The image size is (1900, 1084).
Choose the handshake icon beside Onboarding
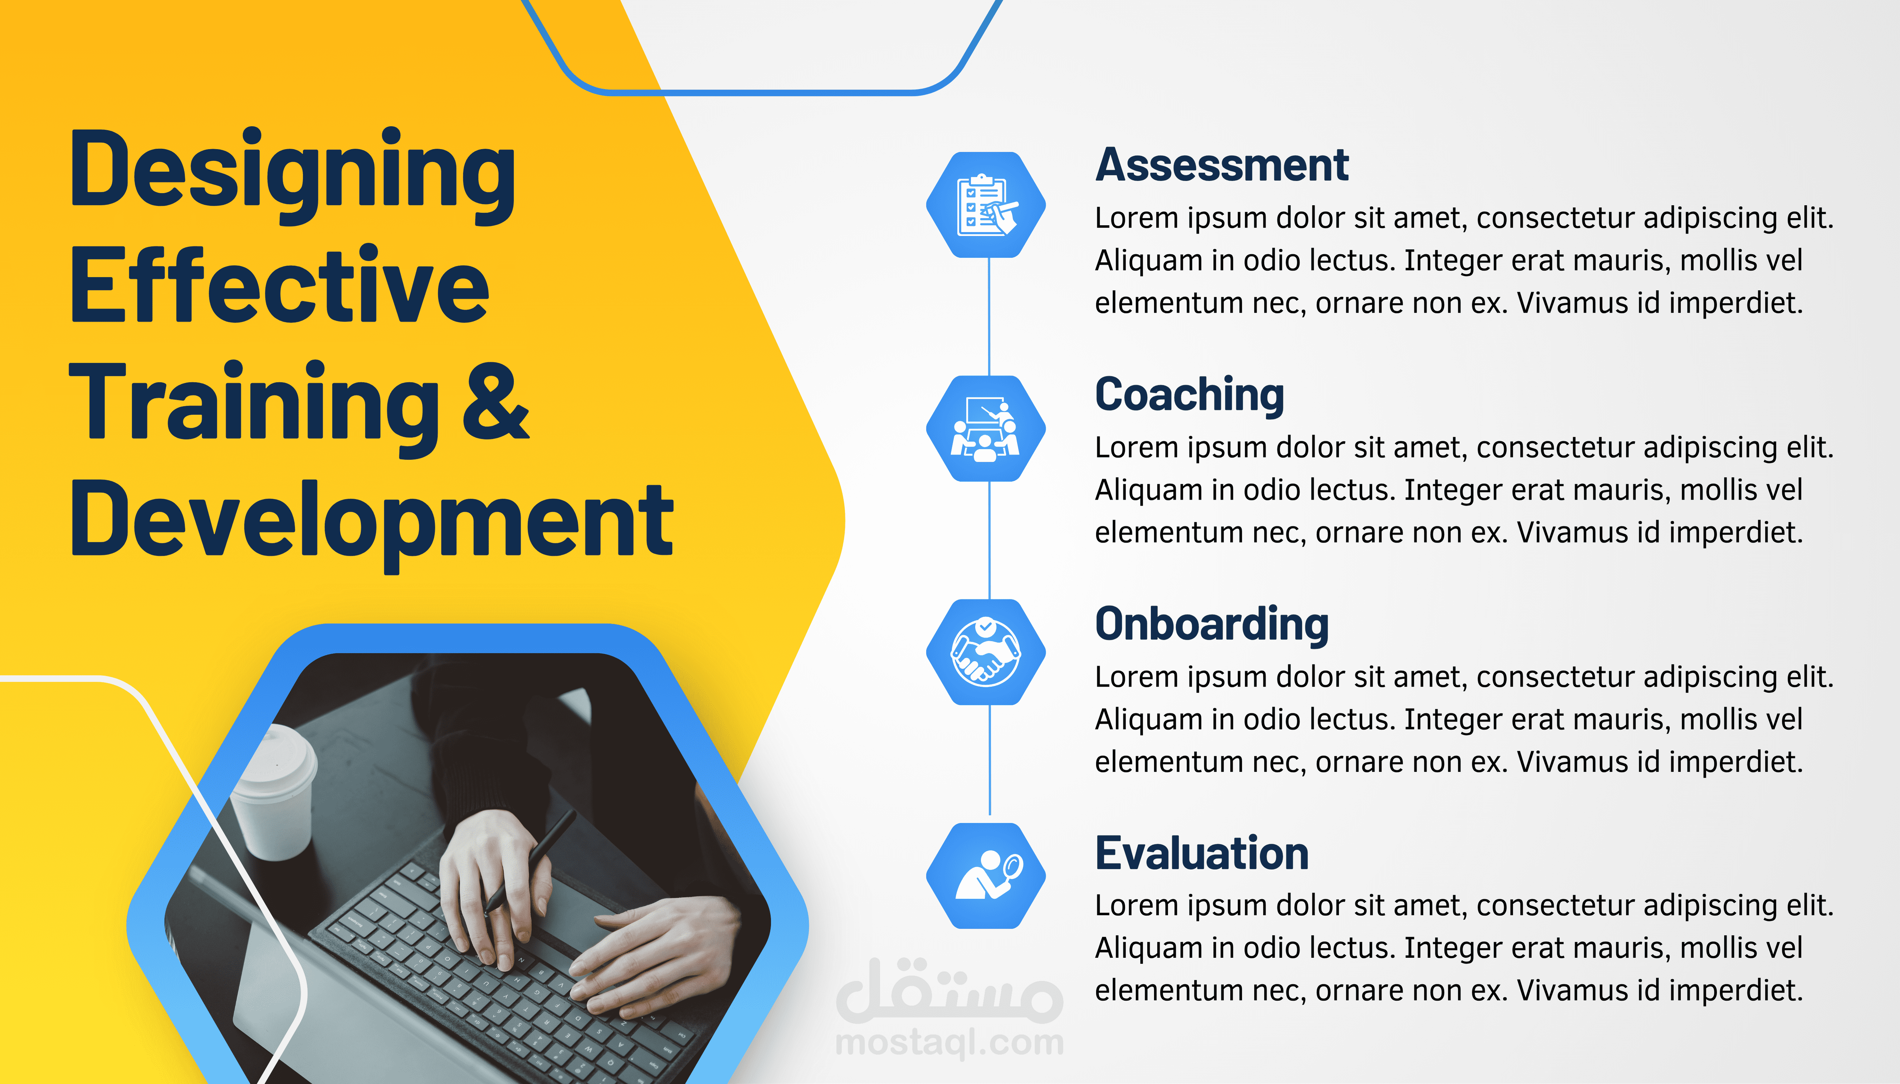pos(986,652)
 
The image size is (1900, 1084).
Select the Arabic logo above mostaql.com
pos(949,990)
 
